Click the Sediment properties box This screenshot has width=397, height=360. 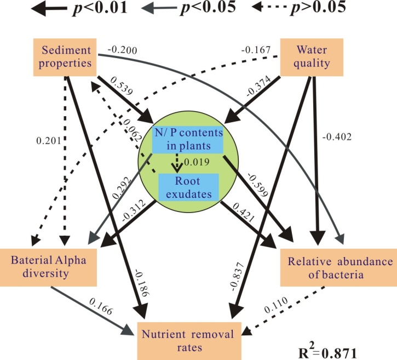point(66,56)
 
